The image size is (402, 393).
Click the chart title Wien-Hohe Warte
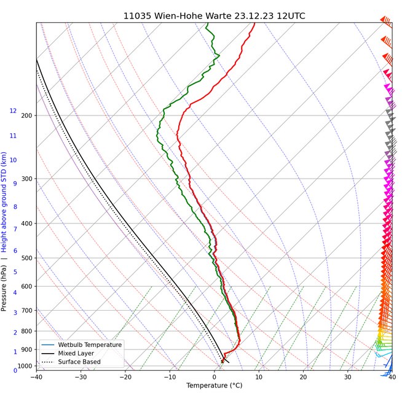pyautogui.click(x=214, y=15)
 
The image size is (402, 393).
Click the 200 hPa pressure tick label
pyautogui.click(x=26, y=115)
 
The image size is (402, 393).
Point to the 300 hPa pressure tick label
pyautogui.click(x=26, y=179)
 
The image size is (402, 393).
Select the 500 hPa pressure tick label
pyautogui.click(x=26, y=258)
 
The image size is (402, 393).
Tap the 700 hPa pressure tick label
pyautogui.click(x=26, y=310)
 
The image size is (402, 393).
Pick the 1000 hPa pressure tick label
pyautogui.click(x=25, y=366)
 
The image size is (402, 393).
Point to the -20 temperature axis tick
pyautogui.click(x=125, y=376)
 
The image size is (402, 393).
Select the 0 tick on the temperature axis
pyautogui.click(x=215, y=376)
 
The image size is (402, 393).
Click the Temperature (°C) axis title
pyautogui.click(x=215, y=386)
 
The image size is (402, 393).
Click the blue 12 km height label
pyautogui.click(x=13, y=111)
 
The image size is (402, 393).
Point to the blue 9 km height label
pyautogui.click(x=15, y=184)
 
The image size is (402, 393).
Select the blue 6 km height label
pyautogui.click(x=15, y=251)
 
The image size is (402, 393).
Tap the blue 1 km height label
pyautogui.click(x=15, y=352)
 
